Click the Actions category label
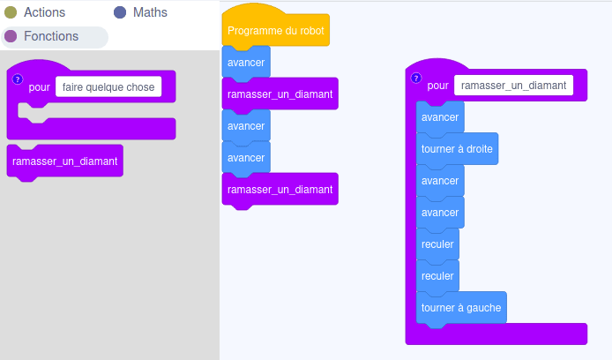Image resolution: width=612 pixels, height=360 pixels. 44,12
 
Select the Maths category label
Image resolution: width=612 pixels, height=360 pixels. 150,12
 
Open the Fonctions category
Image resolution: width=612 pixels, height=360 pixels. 51,36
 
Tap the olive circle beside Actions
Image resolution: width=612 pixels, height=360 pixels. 11,12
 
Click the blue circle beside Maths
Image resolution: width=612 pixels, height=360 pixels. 120,12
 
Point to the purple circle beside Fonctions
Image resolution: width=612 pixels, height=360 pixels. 11,36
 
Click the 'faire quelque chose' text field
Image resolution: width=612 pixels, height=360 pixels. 108,86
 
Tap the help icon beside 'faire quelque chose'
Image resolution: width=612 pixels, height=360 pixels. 18,79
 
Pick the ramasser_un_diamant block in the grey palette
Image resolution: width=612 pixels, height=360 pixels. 64,161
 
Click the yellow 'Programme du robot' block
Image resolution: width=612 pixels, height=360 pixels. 275,31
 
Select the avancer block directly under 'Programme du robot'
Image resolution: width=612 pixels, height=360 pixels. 246,63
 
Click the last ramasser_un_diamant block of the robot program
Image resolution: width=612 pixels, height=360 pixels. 280,190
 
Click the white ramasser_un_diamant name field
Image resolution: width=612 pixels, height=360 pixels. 513,86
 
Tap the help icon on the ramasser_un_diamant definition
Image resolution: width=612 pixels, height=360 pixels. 416,79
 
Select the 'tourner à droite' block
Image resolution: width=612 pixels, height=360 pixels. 457,149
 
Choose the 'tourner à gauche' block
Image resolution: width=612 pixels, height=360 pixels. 461,308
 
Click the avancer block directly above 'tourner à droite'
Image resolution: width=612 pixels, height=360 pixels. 440,117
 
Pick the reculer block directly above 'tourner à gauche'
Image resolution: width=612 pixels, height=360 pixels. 437,276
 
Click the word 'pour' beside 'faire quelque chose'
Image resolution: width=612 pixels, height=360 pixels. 40,87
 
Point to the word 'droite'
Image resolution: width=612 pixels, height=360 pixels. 480,149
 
